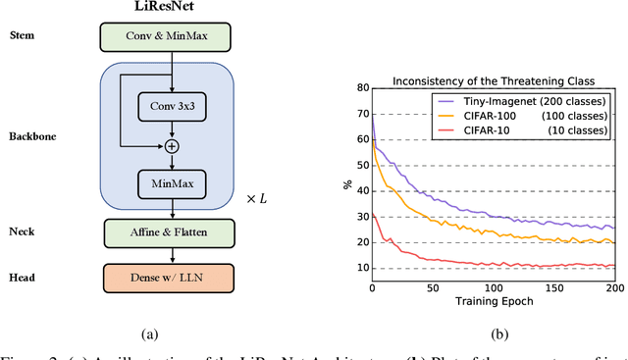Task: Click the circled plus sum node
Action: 172,145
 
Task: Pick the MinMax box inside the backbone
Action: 172,180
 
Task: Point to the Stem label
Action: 25,36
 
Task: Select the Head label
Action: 24,278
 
